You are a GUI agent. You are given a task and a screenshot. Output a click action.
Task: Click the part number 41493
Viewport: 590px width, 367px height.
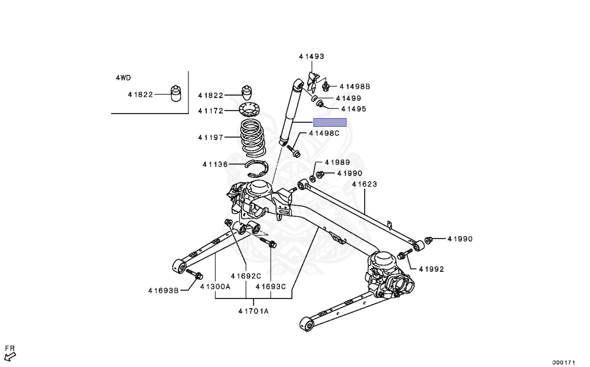(311, 56)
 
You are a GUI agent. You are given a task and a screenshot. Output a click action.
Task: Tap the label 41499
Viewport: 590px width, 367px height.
(349, 99)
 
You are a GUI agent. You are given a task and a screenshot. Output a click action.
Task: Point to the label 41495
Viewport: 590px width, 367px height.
(353, 108)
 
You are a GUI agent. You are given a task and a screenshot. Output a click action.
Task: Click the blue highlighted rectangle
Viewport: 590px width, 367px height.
(330, 122)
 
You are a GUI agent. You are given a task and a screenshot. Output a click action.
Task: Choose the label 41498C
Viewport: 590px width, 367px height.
(324, 133)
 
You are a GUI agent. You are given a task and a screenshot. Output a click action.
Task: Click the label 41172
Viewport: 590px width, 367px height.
(210, 111)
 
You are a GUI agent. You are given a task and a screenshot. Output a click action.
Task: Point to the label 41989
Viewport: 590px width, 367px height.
(337, 162)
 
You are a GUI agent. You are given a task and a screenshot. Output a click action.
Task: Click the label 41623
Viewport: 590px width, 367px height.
(365, 184)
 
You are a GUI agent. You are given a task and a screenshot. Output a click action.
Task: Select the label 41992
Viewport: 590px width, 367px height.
(432, 268)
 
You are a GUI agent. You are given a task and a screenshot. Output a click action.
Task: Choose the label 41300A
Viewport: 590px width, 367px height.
(215, 286)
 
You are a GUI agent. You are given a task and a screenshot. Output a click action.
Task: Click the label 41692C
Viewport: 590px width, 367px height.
(246, 275)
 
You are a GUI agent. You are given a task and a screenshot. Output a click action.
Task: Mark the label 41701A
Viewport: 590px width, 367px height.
(254, 312)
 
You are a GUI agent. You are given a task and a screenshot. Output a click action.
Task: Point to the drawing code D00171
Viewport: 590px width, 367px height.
(563, 362)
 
